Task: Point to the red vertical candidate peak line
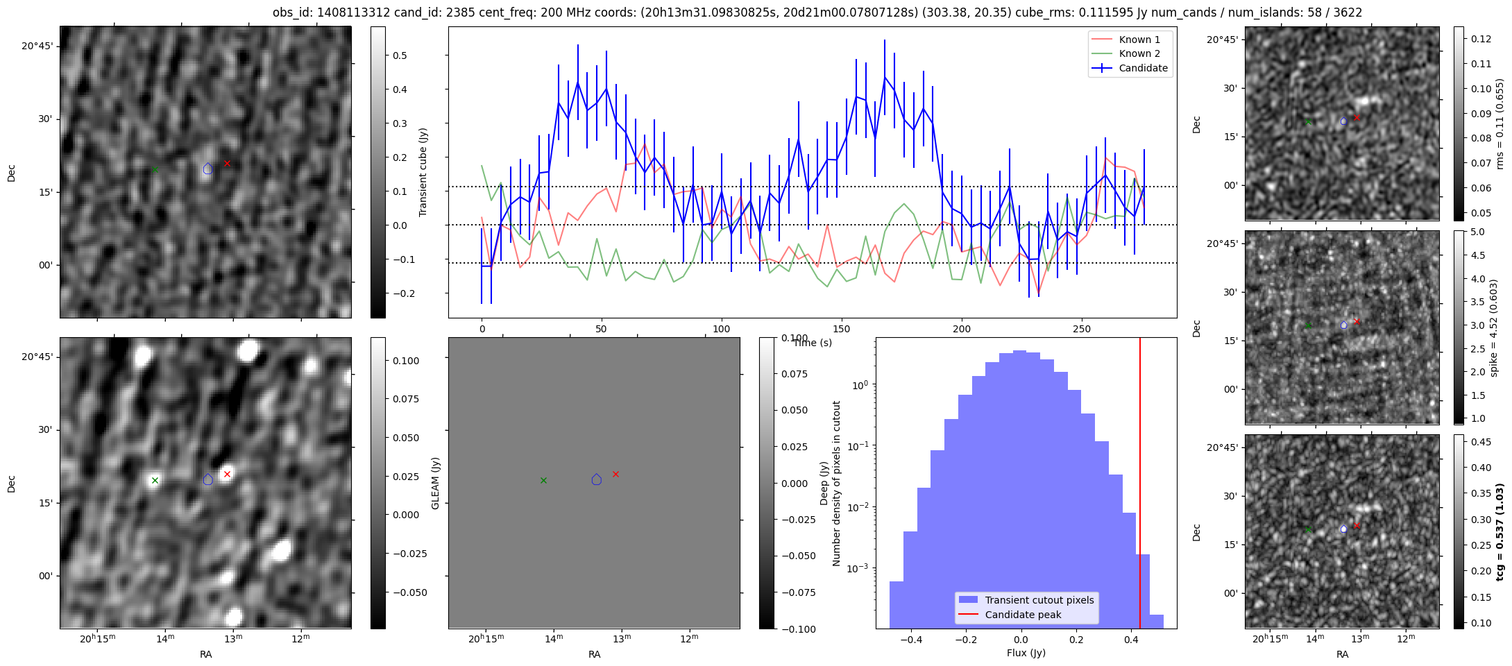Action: pos(1140,486)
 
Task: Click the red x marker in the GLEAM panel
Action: pos(615,474)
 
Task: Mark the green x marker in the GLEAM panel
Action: pos(543,480)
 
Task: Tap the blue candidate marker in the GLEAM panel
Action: pos(597,479)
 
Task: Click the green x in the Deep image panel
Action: pos(155,480)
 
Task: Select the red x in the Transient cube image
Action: pos(227,163)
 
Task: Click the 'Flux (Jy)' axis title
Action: pos(1026,653)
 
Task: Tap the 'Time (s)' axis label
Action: pos(813,343)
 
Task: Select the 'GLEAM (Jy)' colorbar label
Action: pos(436,483)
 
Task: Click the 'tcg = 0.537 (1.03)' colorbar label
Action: pos(1500,532)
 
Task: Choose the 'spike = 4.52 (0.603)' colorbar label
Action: pos(1494,327)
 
